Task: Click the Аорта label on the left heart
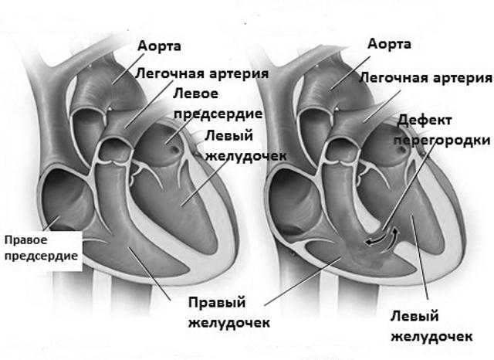click(x=159, y=46)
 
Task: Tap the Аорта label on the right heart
click(x=389, y=43)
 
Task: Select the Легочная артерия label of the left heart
click(x=202, y=73)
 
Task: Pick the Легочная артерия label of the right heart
click(x=425, y=77)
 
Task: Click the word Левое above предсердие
click(x=195, y=93)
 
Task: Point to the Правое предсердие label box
click(x=41, y=251)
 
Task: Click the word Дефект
click(x=425, y=121)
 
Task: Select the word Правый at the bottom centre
click(x=217, y=303)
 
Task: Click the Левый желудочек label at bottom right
click(x=431, y=326)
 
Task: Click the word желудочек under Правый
click(x=229, y=323)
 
